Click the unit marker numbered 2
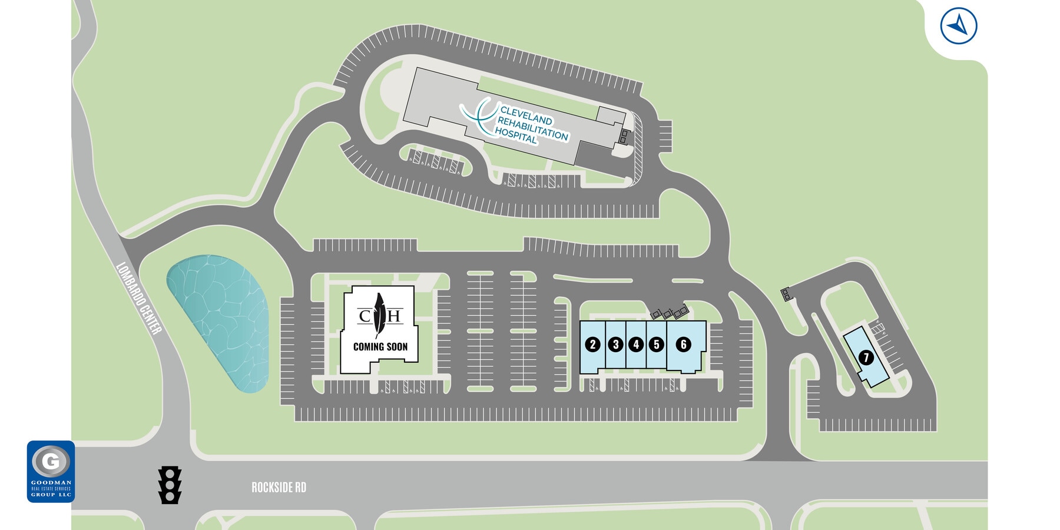coord(593,344)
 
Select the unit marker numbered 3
coord(615,344)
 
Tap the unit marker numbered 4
coord(636,344)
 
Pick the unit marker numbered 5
coord(656,344)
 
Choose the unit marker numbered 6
coord(683,344)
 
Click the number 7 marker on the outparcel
coord(866,357)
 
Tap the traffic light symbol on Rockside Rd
coord(170,485)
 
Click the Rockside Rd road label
coord(279,488)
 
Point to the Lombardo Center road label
coord(138,299)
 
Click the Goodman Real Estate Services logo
coord(51,471)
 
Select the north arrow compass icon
coord(959,26)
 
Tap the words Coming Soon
coord(380,347)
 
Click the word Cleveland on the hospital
coord(526,115)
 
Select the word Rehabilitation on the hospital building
coord(532,128)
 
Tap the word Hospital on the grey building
coord(516,137)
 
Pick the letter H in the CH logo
coord(393,316)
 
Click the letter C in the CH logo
coord(365,316)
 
